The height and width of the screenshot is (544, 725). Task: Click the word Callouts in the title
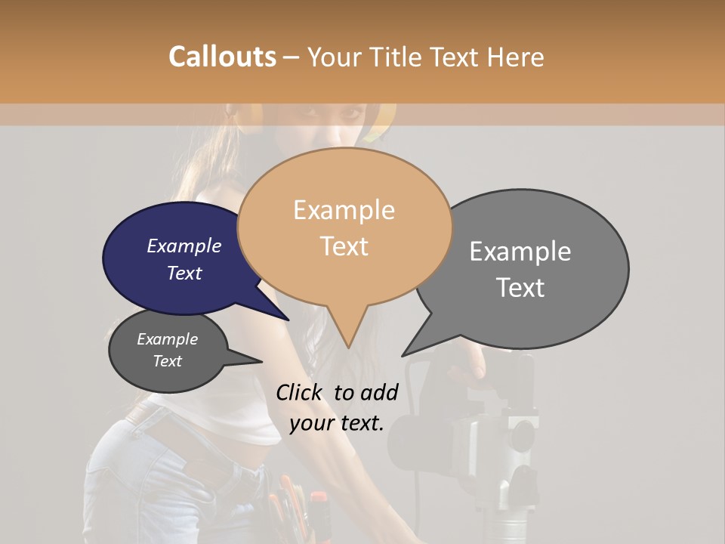(222, 57)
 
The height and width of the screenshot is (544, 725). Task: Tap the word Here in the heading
(513, 57)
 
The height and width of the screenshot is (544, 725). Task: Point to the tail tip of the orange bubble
(348, 348)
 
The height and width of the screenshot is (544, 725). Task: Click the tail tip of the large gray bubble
(403, 356)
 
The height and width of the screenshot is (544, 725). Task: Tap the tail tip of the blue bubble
(289, 320)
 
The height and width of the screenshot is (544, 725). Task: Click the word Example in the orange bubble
(344, 210)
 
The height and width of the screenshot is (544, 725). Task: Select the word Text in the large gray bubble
(520, 288)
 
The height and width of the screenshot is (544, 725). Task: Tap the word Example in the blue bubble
(184, 246)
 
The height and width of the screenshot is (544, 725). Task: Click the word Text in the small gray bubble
(168, 361)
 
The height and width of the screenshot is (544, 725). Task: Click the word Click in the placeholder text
(301, 392)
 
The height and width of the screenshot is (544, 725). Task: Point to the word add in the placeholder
(378, 392)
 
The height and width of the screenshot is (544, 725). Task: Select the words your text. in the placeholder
(337, 423)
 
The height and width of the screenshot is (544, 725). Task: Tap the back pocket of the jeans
(113, 484)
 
